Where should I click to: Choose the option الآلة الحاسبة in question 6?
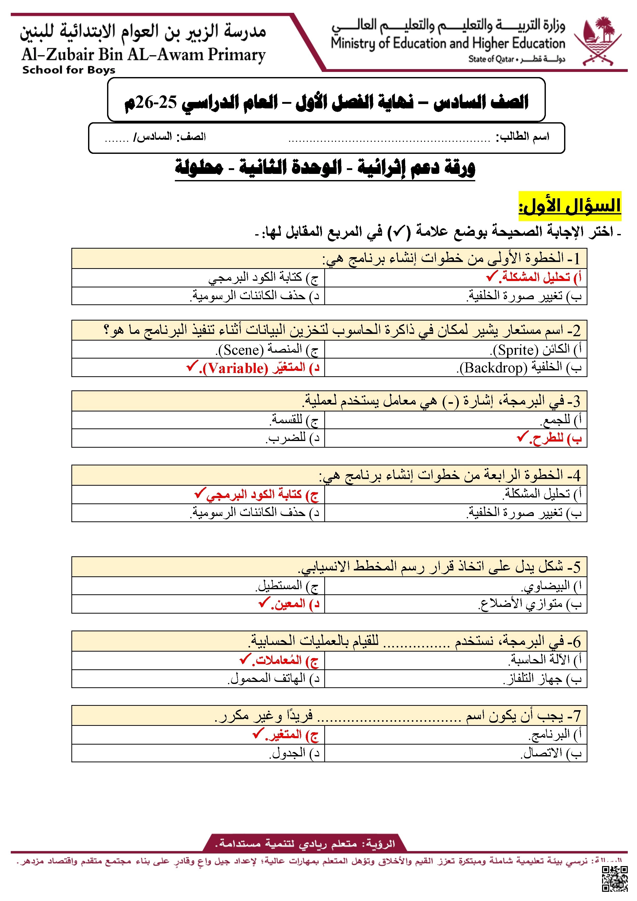[540, 660]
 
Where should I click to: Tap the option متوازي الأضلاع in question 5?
[521, 604]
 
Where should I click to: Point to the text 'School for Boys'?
[69, 70]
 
